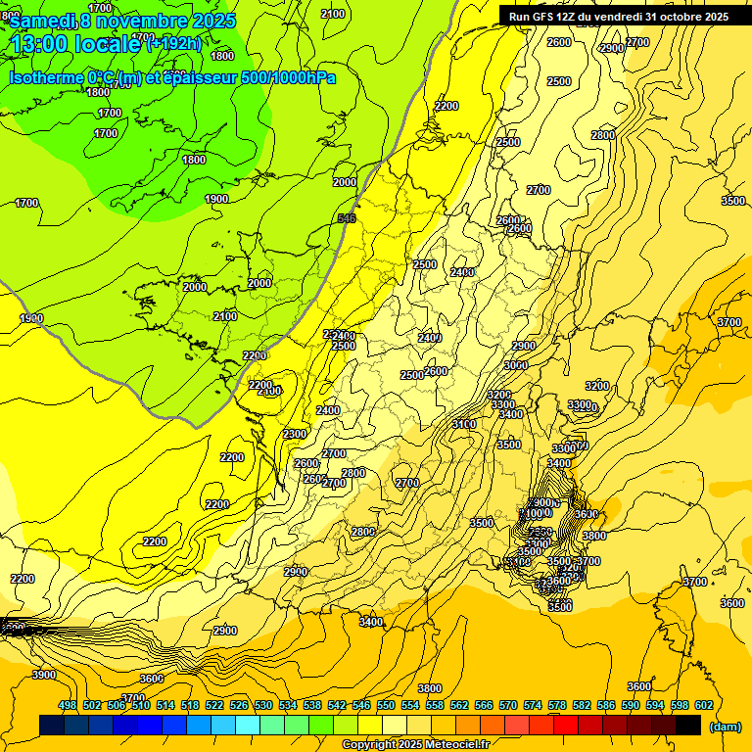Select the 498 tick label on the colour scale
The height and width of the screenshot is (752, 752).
tap(68, 705)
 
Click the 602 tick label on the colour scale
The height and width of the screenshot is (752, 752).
tap(702, 705)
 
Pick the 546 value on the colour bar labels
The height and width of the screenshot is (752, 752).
tap(360, 705)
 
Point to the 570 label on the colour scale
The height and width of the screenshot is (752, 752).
tap(507, 705)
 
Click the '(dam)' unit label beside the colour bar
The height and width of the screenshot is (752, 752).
tap(726, 727)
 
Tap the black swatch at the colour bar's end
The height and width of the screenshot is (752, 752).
tap(688, 725)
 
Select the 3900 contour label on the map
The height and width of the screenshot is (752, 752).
tap(44, 675)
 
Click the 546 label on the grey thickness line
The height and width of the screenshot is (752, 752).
tap(346, 218)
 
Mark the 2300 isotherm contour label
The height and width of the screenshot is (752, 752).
tap(294, 434)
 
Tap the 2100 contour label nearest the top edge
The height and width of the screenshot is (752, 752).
tap(333, 14)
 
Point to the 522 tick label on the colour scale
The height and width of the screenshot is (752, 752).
tap(214, 705)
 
